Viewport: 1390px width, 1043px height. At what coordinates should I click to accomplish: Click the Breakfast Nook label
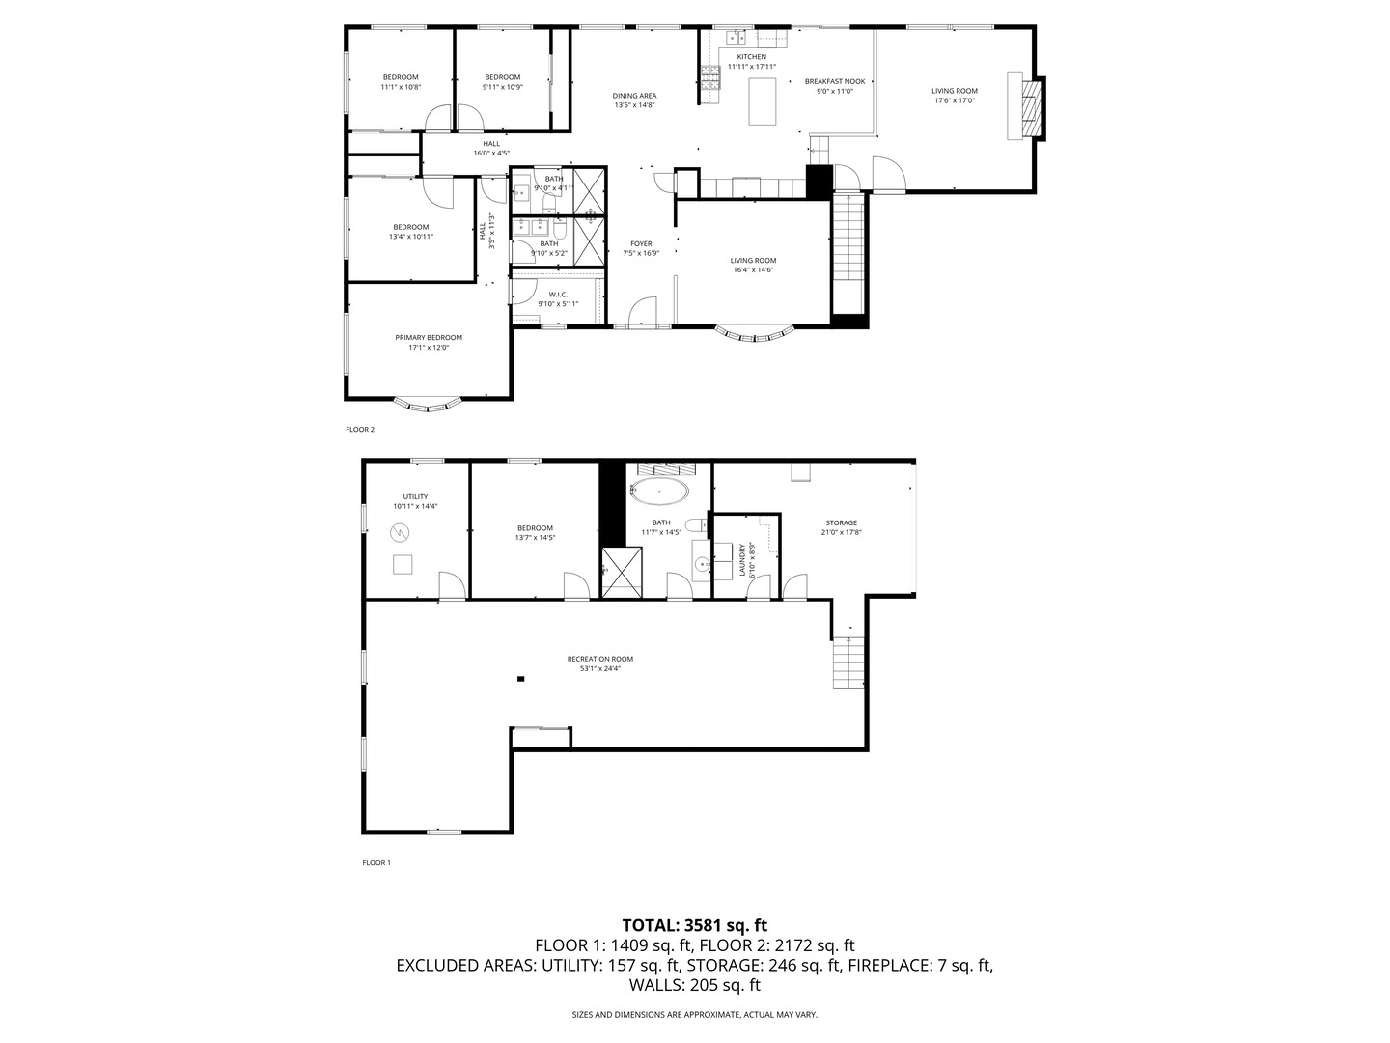point(835,82)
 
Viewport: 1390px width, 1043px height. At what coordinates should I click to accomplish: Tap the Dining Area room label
point(634,97)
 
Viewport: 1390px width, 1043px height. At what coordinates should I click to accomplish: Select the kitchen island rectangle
point(763,101)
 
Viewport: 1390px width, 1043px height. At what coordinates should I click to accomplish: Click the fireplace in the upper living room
point(1026,106)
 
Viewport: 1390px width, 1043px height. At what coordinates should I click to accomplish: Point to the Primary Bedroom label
point(429,338)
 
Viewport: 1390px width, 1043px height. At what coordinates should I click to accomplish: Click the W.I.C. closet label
point(558,295)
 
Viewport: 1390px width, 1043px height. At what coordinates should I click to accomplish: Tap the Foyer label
point(641,243)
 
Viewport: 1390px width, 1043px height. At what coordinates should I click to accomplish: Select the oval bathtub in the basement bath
point(660,492)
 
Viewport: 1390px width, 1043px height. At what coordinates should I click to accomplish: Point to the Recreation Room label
point(599,659)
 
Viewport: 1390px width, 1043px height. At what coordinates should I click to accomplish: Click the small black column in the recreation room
point(520,679)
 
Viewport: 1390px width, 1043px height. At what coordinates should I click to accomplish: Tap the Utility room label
point(415,497)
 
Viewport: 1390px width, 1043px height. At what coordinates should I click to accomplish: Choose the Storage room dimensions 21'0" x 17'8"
point(841,532)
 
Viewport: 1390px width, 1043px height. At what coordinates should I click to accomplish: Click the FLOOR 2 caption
point(360,430)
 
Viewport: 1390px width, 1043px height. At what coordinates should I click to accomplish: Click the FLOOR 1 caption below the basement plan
point(376,862)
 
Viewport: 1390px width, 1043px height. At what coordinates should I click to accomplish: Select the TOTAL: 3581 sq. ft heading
point(695,925)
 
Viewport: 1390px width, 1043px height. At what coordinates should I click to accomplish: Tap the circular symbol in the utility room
point(400,532)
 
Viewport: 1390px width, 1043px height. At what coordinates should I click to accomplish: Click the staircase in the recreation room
point(848,662)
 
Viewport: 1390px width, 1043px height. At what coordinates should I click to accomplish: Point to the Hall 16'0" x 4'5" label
point(491,148)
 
